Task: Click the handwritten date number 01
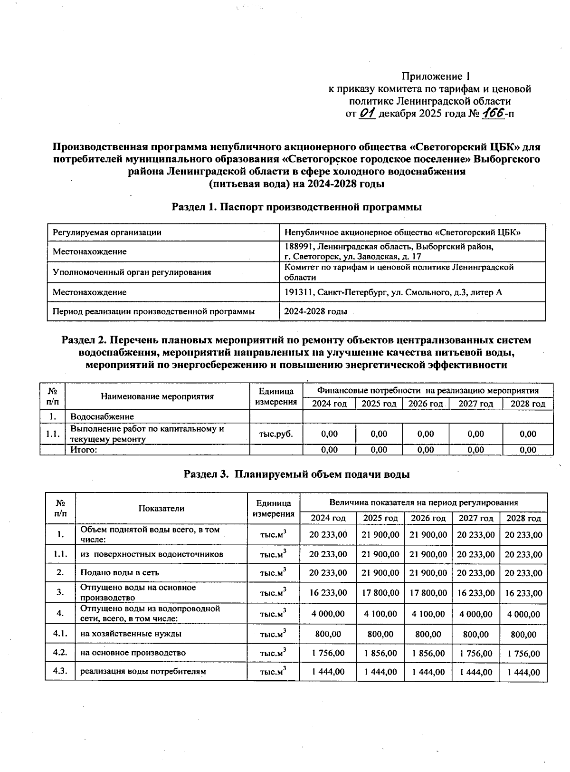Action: [x=368, y=113]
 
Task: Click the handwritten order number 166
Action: [x=492, y=113]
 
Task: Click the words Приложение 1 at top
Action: [x=436, y=77]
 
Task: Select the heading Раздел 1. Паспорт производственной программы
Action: [x=296, y=207]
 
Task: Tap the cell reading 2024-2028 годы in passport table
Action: [x=315, y=312]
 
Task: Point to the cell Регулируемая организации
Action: [x=107, y=232]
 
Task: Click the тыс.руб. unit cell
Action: [x=276, y=434]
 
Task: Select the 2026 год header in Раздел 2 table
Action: [x=426, y=404]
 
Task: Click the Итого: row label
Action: [x=84, y=450]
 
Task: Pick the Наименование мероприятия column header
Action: [x=157, y=396]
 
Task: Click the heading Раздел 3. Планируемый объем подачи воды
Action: [x=296, y=474]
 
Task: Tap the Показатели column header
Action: [x=161, y=508]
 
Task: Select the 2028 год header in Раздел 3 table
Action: [x=523, y=518]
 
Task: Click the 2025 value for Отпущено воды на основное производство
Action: [x=380, y=593]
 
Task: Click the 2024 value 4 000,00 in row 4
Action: [x=328, y=614]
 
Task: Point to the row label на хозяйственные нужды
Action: [x=131, y=634]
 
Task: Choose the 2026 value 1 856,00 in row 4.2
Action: [x=428, y=653]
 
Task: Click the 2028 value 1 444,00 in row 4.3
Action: [x=523, y=672]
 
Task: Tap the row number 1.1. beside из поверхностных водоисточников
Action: [x=60, y=554]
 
